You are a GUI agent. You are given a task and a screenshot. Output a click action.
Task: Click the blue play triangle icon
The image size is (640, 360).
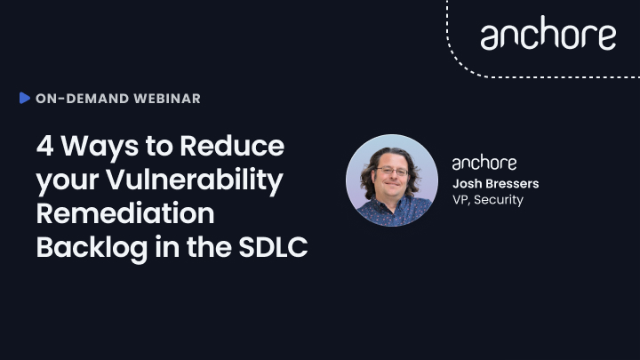[x=25, y=98]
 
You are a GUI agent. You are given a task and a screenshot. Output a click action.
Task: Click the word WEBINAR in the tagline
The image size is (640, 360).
[x=167, y=99]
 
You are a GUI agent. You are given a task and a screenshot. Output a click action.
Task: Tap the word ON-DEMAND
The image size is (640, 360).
[x=83, y=99]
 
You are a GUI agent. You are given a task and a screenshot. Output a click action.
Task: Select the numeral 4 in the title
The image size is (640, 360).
[x=45, y=146]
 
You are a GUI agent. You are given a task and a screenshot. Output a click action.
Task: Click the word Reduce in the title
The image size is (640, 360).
[x=232, y=146]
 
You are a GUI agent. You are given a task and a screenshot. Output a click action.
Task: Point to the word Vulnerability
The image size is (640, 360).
[x=195, y=180]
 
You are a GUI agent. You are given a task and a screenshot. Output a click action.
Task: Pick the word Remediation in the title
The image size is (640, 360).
[x=125, y=213]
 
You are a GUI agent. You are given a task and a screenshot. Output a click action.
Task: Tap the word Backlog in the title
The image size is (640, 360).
[x=92, y=248]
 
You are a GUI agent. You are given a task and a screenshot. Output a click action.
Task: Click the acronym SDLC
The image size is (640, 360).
[x=273, y=247]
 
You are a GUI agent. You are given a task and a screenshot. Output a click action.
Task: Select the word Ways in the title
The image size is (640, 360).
[x=100, y=147]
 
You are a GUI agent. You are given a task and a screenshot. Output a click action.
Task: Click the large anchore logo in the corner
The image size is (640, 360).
[x=548, y=33]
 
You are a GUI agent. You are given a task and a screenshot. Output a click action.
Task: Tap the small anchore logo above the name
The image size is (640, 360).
[x=484, y=163]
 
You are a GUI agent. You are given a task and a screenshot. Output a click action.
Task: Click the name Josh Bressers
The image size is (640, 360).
[x=495, y=184]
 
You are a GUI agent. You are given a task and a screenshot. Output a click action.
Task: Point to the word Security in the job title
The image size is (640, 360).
[x=499, y=200]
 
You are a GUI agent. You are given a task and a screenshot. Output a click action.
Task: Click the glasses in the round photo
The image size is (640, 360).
[x=391, y=171]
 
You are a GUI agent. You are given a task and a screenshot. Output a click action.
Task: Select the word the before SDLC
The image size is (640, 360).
[x=209, y=247]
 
